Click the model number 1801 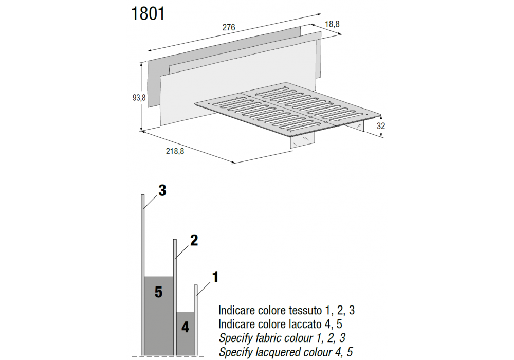148,14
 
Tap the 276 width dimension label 229,27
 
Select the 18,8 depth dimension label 332,24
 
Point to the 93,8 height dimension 139,97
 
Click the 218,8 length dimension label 175,151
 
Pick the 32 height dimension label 380,125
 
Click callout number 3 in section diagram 162,190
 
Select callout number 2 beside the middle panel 194,240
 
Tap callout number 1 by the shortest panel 215,277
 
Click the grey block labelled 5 159,316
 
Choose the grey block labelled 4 185,334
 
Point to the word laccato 306,324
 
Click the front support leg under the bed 302,140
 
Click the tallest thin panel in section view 142,276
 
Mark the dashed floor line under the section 168,356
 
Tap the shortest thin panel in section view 196,320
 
